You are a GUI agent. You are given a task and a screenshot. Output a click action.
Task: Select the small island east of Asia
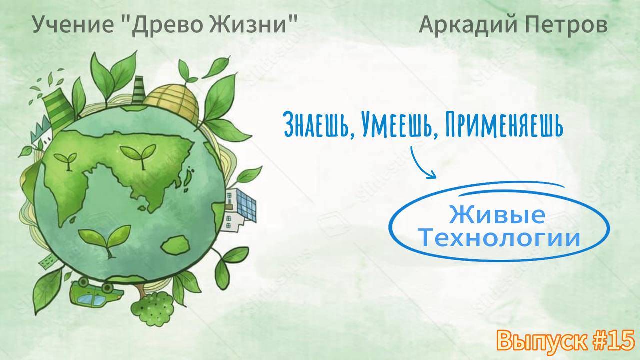coord(188,175)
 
